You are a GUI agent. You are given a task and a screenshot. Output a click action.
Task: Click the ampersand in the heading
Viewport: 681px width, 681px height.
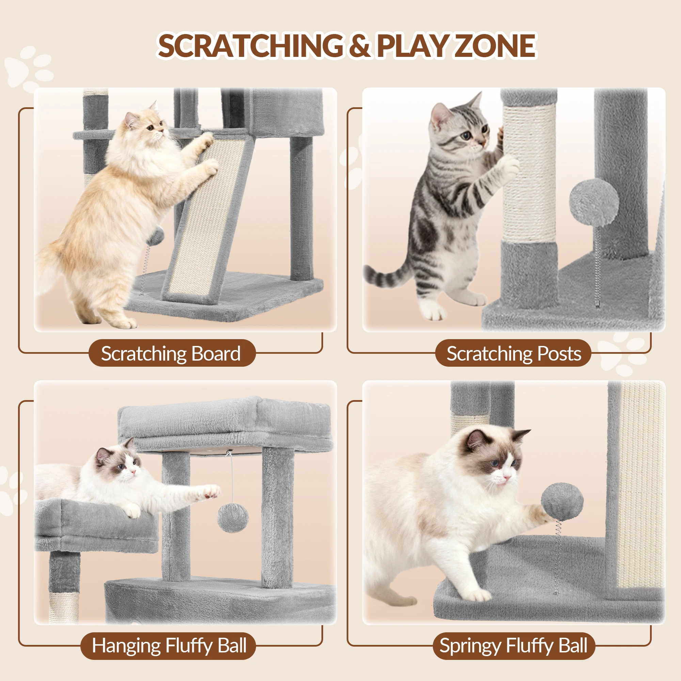[360, 46]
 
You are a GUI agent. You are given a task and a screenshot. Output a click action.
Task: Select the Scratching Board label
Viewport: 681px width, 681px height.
[171, 353]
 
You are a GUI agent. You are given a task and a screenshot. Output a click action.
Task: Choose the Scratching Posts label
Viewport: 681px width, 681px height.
[513, 353]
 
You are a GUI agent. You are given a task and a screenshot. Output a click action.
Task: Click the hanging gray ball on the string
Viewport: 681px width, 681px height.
[233, 518]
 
